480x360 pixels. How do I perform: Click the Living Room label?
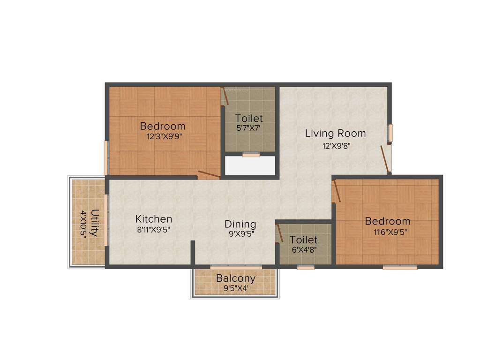tap(335, 133)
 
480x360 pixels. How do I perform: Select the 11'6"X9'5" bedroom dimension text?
tap(387, 232)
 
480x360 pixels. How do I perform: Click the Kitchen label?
tap(154, 219)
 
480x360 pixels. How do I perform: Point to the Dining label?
tap(240, 224)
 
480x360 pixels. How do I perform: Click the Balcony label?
tap(235, 278)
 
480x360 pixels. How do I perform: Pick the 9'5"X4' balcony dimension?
tap(235, 288)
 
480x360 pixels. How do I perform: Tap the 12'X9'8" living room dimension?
tap(335, 145)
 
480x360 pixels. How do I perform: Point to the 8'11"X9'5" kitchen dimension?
tap(154, 230)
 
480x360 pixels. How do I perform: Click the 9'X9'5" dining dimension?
tap(241, 234)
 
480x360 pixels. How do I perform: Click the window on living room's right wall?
tap(390, 133)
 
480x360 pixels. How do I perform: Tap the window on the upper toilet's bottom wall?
tap(251, 154)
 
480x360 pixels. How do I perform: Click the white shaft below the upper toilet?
tap(249, 166)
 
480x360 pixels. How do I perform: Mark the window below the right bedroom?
tap(400, 268)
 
